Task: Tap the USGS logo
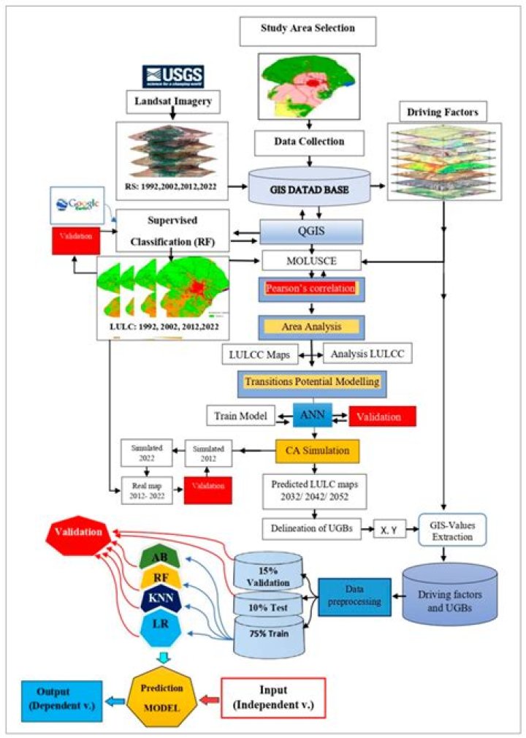point(173,76)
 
